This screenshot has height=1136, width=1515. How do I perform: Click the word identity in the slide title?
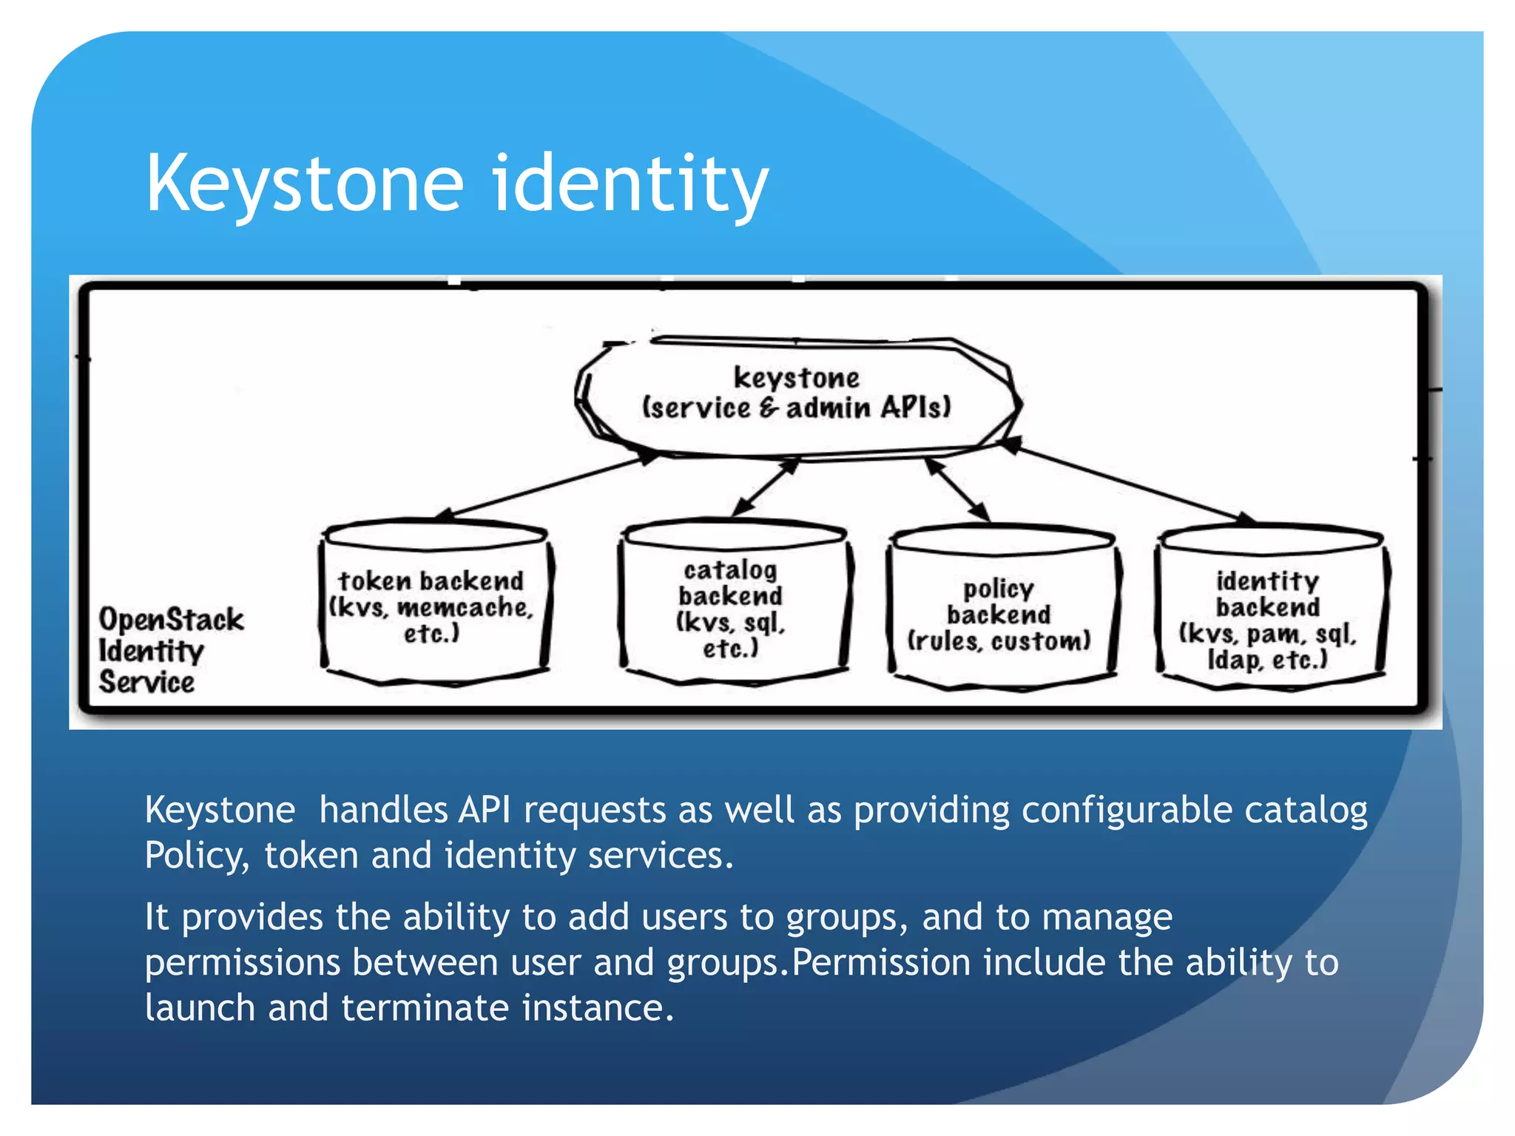(x=630, y=183)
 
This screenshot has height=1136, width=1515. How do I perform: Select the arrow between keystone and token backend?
(x=547, y=485)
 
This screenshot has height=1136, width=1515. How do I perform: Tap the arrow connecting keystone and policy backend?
(x=959, y=489)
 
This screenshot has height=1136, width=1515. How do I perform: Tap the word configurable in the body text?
(x=1116, y=810)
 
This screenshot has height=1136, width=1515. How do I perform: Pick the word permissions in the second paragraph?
(x=243, y=963)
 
